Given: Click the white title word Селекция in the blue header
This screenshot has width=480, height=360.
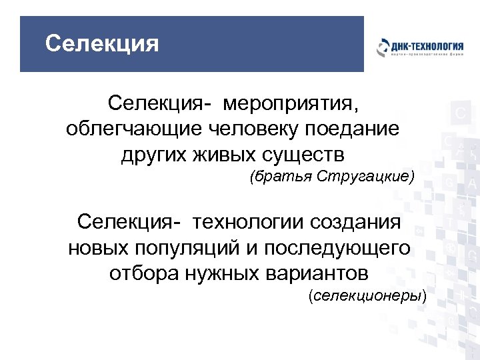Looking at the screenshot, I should [x=102, y=44].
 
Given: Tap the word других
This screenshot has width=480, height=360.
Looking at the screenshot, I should [x=155, y=155].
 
